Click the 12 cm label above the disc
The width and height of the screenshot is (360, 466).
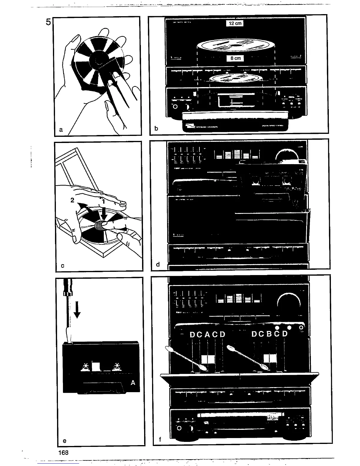[x=235, y=23]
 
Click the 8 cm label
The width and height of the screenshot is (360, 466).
[x=235, y=58]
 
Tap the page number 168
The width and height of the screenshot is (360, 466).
[x=63, y=452]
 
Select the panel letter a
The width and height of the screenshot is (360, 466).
[x=61, y=129]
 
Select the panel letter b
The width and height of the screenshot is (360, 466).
[x=156, y=128]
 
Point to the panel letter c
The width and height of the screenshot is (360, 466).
[x=63, y=266]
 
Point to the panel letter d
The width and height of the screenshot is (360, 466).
[x=158, y=264]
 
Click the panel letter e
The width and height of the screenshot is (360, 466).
[x=64, y=441]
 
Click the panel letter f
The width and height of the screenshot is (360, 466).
[x=160, y=440]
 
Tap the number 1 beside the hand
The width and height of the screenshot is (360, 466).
[x=104, y=202]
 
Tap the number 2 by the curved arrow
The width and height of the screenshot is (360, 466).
[x=72, y=200]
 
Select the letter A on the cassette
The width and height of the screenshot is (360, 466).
[x=133, y=383]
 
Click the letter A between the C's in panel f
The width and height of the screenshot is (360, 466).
[x=207, y=335]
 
